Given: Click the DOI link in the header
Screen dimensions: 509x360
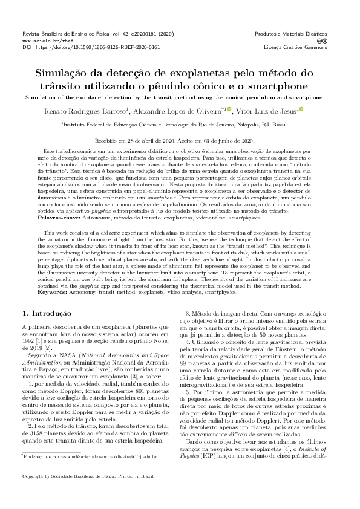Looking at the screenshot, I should [x=91, y=47].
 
